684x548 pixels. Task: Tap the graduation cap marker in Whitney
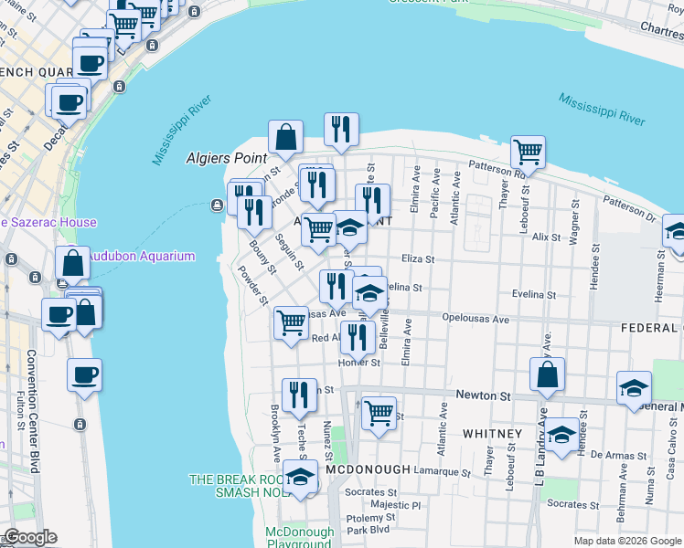pos(562,434)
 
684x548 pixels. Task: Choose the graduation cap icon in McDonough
pos(300,478)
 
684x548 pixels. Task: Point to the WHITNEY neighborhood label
pos(492,433)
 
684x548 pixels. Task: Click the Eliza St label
pos(417,259)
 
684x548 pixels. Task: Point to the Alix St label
pos(546,237)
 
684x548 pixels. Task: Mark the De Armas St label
pos(612,454)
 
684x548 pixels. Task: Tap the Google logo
pos(30,537)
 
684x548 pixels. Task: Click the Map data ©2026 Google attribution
pos(626,541)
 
